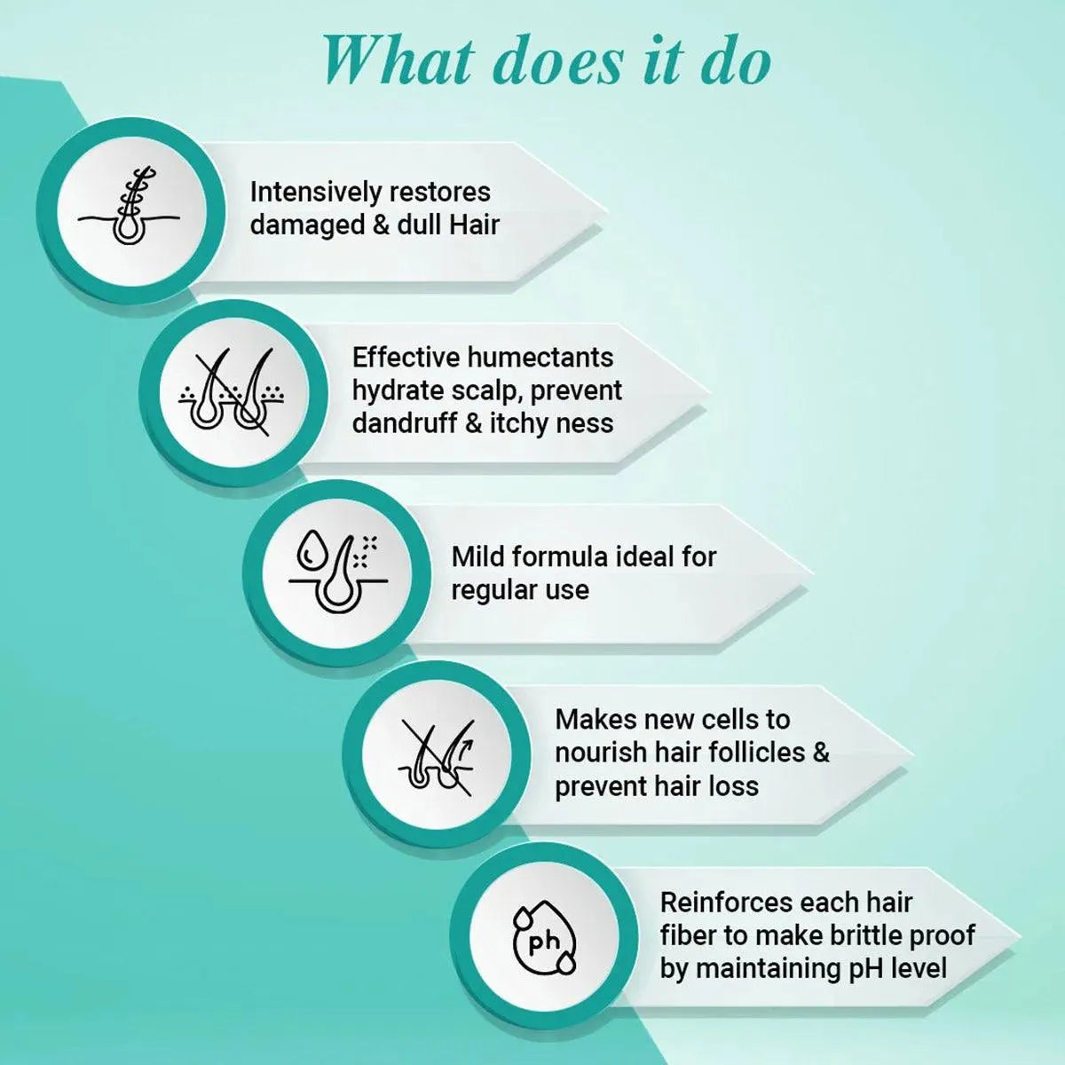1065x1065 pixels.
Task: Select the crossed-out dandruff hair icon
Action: (232, 391)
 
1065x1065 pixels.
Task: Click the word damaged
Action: (307, 225)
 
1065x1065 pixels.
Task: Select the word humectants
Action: (540, 358)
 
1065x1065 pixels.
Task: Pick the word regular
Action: (486, 591)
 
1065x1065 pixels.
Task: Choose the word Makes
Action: (596, 720)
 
